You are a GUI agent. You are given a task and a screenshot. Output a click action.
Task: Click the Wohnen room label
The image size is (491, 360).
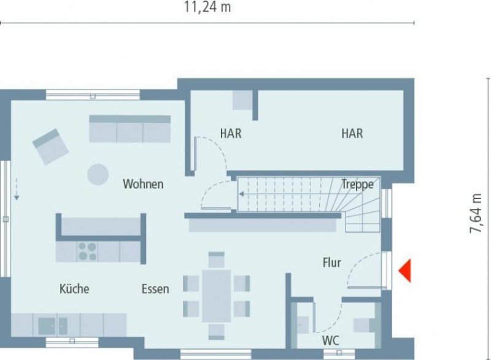pos(143,184)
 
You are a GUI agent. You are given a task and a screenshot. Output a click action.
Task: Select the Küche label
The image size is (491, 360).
pos(74,289)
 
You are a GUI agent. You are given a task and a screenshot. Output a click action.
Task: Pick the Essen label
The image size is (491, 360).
pos(155,289)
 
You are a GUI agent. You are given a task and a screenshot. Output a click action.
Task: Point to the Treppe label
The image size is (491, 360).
pos(357,184)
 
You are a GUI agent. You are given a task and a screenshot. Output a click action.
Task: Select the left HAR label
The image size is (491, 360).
pos(231,133)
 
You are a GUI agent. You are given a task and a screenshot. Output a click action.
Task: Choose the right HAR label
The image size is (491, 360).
pos(352,133)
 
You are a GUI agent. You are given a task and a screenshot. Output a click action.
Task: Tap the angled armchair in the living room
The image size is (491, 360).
pos(50,146)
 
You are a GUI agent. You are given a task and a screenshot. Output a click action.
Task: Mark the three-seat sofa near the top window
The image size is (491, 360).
pos(130,129)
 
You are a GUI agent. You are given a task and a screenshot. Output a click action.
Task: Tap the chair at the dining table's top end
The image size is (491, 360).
pos(216,259)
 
